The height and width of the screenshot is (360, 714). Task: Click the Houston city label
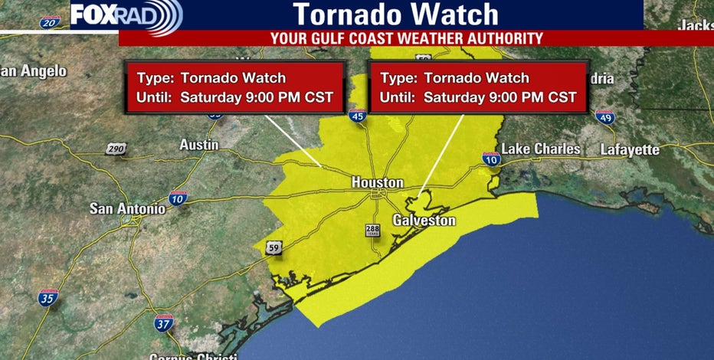377,183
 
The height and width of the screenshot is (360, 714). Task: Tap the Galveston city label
424,221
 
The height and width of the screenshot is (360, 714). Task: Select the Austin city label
198,145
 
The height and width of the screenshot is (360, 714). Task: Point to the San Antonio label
127,208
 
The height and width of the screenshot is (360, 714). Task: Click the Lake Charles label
541,149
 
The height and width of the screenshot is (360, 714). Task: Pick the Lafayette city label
630,149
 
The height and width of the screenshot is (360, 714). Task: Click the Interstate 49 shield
604,117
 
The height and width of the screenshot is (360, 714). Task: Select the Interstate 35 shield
48,297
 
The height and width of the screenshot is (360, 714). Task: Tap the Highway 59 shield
273,247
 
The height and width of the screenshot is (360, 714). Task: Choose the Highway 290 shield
115,148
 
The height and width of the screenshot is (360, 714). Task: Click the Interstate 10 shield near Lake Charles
491,159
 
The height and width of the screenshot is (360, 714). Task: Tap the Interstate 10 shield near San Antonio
177,198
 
